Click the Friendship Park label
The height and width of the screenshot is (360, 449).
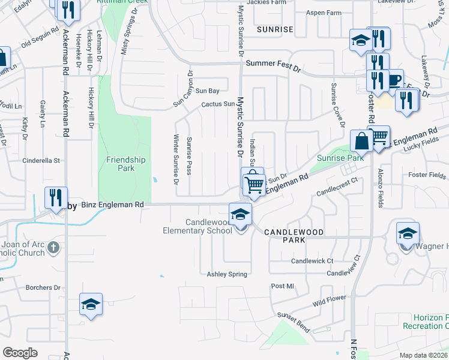(126, 164)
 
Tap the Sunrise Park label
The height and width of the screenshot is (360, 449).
(340, 158)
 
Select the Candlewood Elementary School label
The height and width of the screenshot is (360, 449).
(198, 226)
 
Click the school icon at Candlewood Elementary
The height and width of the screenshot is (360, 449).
(240, 214)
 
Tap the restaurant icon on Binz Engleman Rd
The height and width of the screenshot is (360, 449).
(55, 197)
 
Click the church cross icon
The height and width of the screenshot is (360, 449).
(53, 247)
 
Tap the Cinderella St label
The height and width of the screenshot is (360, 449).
(41, 161)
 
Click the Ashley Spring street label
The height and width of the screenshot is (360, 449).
(227, 274)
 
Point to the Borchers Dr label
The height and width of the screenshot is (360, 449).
(43, 287)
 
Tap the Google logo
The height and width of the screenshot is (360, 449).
(20, 353)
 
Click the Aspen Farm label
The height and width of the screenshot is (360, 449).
(323, 13)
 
